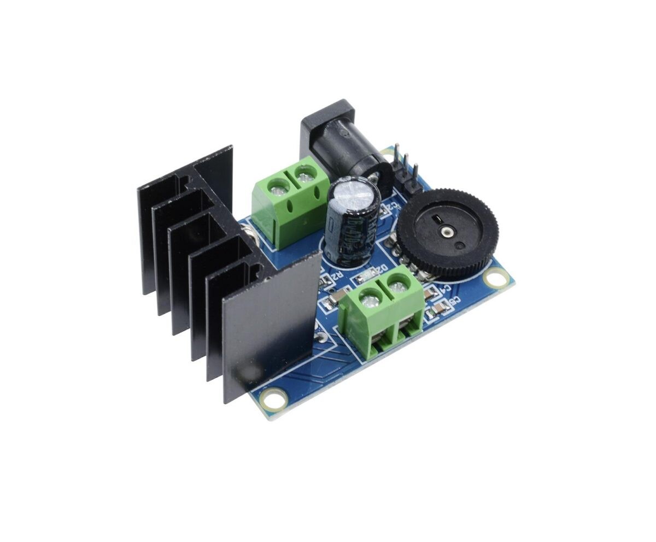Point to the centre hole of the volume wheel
point(447,232)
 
